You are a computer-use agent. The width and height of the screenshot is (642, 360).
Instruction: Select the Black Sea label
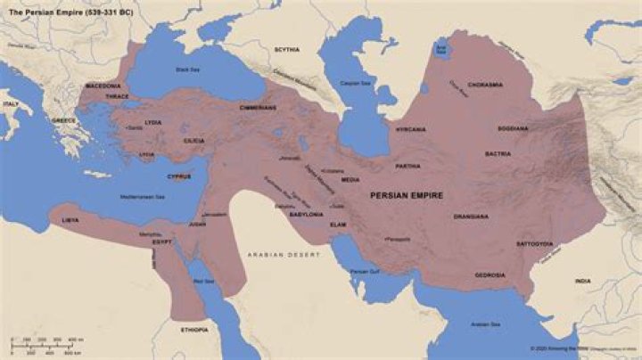(x=189, y=69)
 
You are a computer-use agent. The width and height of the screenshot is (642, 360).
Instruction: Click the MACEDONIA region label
(x=103, y=86)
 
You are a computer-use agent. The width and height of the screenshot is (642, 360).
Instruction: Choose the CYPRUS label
(x=178, y=176)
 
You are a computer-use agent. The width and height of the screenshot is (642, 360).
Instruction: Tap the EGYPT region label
(x=160, y=241)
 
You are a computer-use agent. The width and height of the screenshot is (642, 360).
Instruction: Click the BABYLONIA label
(x=306, y=215)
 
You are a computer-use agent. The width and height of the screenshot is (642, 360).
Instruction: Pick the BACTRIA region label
(x=498, y=154)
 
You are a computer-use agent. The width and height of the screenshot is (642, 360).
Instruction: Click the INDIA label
(x=582, y=282)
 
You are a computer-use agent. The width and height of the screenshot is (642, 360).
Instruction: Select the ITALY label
(x=11, y=104)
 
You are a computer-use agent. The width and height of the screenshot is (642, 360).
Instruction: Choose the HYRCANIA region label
(x=410, y=129)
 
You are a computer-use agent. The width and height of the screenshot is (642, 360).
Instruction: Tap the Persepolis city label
(x=397, y=239)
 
